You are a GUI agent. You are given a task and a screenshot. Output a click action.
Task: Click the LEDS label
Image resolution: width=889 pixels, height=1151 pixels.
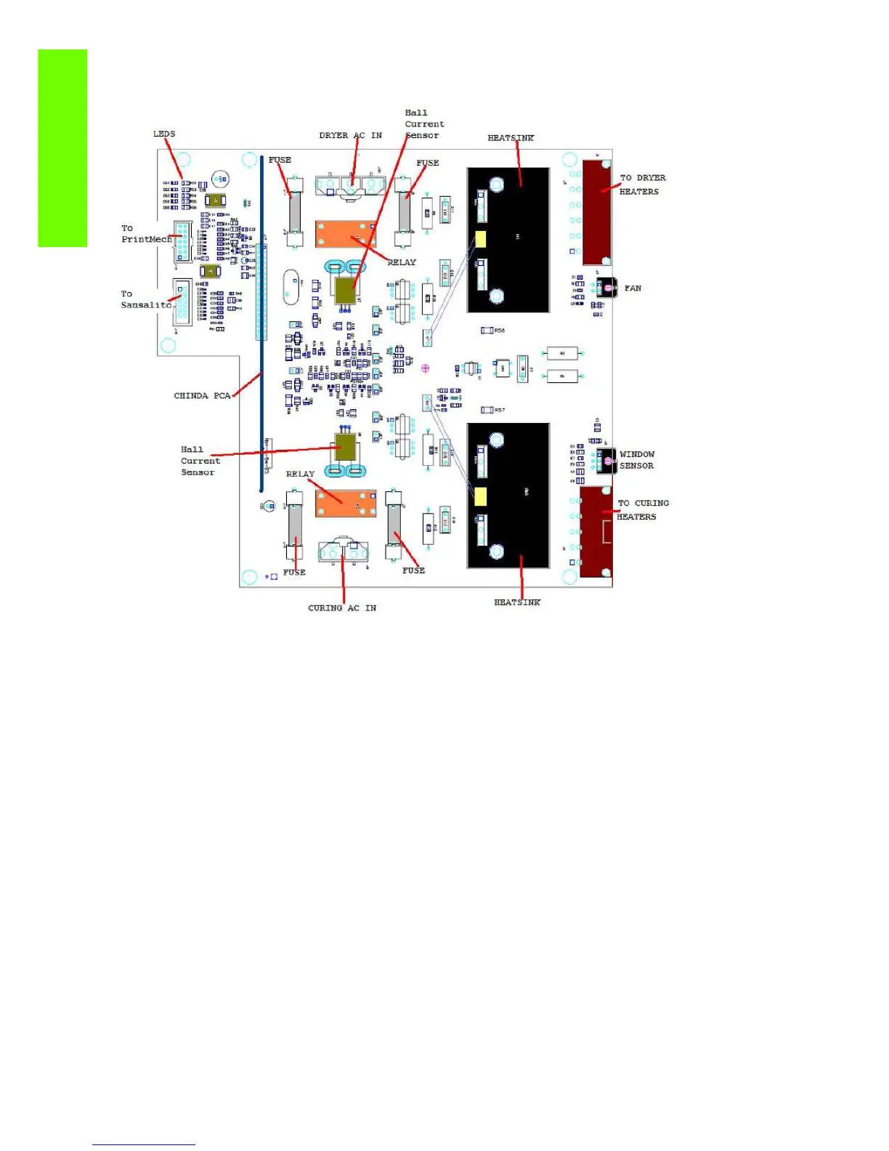164,134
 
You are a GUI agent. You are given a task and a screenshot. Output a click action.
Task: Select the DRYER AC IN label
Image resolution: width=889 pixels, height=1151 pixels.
350,135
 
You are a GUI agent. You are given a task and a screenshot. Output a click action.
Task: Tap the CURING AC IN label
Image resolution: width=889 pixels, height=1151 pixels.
342,608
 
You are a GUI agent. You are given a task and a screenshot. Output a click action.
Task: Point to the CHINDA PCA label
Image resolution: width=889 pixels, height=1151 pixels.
201,396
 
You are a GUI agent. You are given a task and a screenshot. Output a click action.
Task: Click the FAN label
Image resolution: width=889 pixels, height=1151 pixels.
633,288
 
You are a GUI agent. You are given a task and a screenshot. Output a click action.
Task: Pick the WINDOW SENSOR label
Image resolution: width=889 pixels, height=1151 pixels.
637,460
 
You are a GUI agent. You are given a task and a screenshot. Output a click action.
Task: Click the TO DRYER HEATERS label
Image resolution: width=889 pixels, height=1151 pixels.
641,185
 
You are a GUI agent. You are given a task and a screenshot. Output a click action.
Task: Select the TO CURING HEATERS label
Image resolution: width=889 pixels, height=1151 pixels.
642,510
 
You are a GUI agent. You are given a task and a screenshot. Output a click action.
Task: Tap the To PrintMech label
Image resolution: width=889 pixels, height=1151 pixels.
146,234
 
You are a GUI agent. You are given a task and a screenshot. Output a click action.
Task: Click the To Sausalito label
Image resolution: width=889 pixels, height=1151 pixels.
145,299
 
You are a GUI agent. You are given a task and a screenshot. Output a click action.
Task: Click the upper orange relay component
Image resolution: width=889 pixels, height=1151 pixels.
346,234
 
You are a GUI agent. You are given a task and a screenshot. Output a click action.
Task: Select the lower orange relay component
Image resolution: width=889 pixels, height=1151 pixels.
346,503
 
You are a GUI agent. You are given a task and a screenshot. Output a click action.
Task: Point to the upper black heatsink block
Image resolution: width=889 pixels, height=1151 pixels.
508,240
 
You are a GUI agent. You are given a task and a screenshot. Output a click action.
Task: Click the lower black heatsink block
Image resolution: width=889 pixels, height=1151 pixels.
508,496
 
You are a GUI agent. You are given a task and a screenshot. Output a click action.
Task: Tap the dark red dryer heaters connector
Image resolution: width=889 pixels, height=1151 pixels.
596,213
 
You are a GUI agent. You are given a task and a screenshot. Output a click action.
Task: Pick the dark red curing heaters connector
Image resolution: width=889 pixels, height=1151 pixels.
596,532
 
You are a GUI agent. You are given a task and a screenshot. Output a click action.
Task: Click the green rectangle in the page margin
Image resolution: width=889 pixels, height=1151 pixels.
62,148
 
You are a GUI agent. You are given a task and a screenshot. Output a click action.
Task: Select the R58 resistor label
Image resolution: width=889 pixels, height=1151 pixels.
499,331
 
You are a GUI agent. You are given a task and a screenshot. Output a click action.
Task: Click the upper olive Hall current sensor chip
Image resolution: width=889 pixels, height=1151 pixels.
346,291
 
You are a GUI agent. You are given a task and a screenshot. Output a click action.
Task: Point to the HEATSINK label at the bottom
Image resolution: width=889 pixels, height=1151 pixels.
517,602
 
